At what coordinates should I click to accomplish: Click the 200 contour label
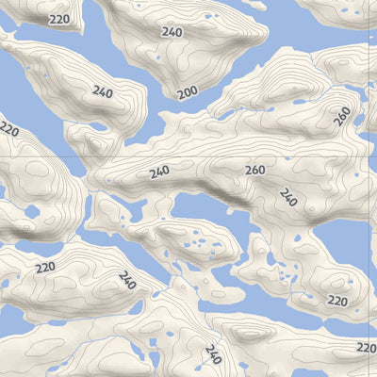[x=188, y=92]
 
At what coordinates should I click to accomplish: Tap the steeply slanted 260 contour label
[x=342, y=116]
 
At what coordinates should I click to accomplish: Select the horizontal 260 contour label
[x=254, y=171]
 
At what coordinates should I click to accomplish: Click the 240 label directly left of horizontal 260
[x=159, y=172]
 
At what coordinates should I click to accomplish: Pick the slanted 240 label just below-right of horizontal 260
[x=288, y=197]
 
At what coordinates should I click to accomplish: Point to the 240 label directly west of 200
[x=103, y=91]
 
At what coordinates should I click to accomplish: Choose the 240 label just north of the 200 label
[x=172, y=32]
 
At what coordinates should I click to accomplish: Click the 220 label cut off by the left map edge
[x=8, y=127]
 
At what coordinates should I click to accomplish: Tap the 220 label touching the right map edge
[x=367, y=349]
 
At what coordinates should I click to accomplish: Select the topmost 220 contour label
[x=59, y=19]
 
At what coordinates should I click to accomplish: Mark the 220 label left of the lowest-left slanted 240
[x=45, y=268]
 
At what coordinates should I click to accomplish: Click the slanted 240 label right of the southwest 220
[x=127, y=279]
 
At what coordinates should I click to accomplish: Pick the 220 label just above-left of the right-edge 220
[x=336, y=301]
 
